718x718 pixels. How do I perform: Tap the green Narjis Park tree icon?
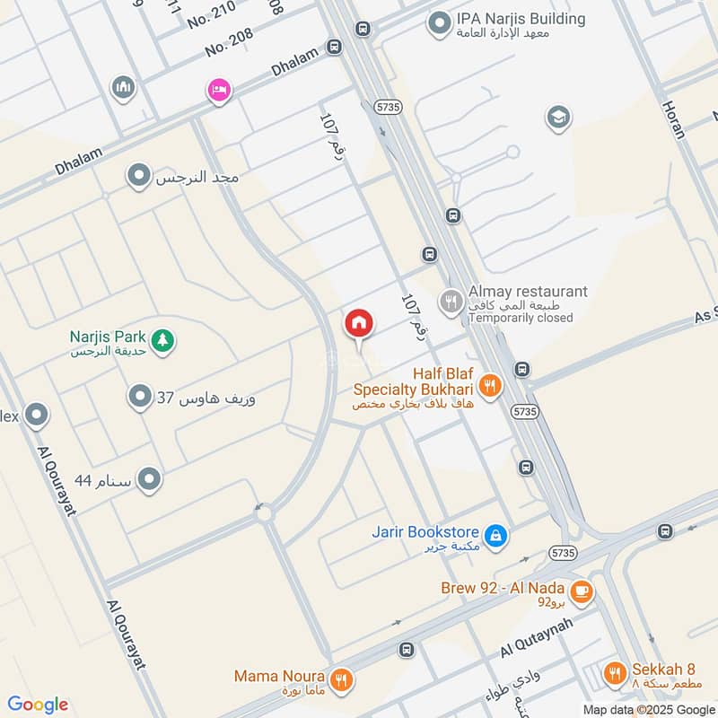click(x=162, y=340)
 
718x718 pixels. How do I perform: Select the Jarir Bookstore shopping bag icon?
click(x=496, y=537)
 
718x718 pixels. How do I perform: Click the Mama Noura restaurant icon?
click(x=339, y=680)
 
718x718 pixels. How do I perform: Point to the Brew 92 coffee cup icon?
click(x=582, y=591)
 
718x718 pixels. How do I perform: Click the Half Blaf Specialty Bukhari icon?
click(x=490, y=386)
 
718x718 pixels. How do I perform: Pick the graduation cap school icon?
click(x=558, y=118)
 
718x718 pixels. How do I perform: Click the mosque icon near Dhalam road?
click(x=123, y=87)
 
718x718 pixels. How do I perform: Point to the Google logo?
click(x=38, y=705)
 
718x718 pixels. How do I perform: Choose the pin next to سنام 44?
click(x=150, y=480)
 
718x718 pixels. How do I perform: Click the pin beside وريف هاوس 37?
click(x=139, y=396)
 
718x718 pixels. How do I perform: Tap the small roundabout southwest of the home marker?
click(x=263, y=513)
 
